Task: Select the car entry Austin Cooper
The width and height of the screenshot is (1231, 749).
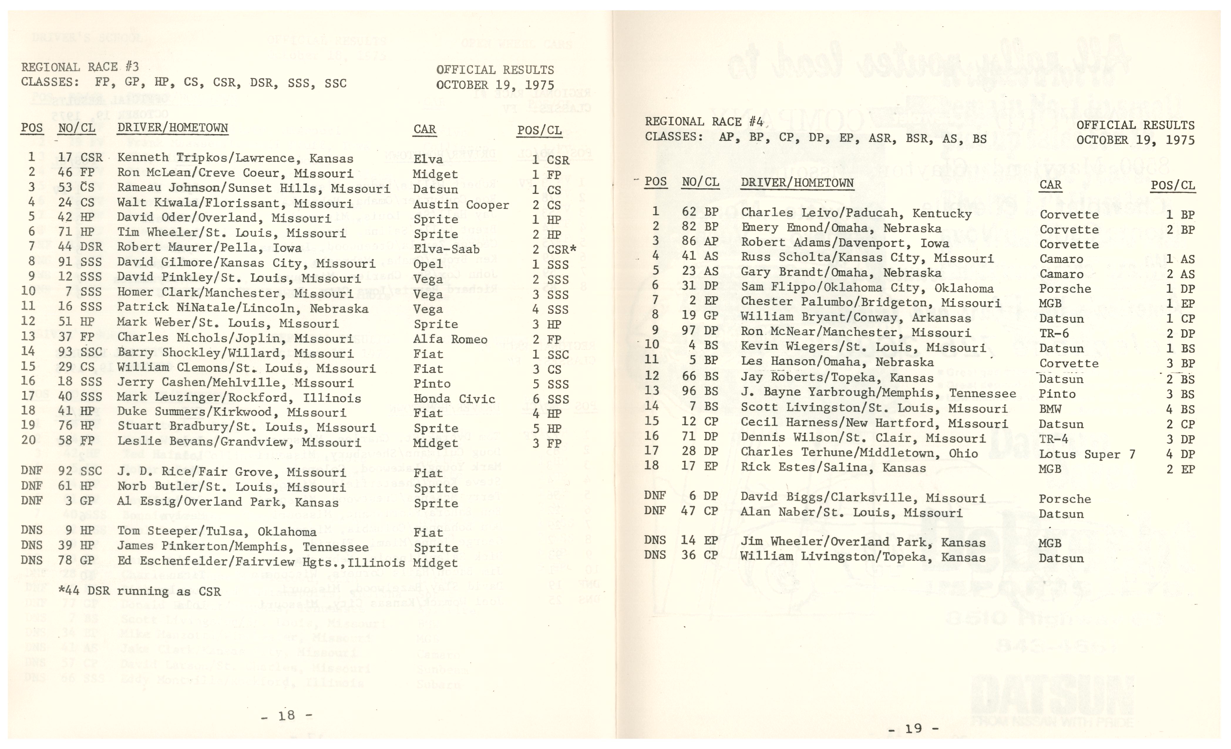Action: [461, 204]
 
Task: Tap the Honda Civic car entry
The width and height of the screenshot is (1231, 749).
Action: [454, 399]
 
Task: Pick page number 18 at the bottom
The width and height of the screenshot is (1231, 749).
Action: [287, 716]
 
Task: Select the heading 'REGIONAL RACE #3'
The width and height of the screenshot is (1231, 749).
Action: [80, 67]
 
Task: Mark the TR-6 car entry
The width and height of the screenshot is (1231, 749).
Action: [1054, 333]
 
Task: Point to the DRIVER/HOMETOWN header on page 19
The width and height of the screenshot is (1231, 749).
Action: [797, 183]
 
